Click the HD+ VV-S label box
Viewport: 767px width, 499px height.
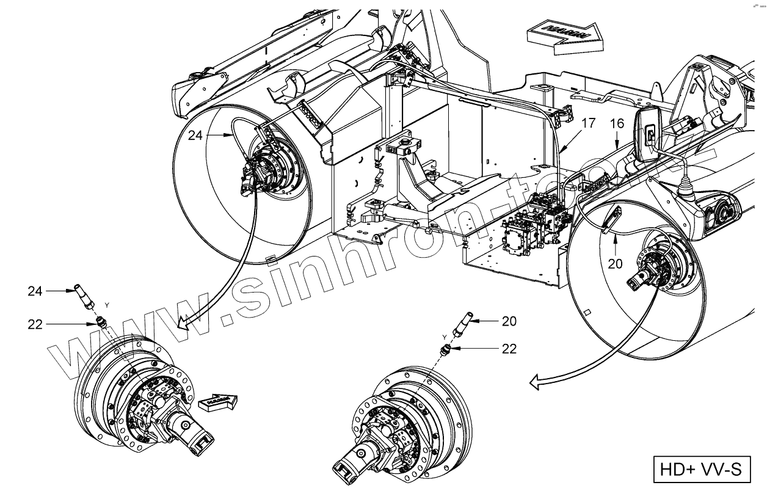click(x=700, y=469)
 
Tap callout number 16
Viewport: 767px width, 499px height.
click(x=617, y=124)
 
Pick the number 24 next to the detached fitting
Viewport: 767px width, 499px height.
click(x=35, y=291)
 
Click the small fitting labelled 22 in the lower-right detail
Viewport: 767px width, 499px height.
click(x=446, y=348)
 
